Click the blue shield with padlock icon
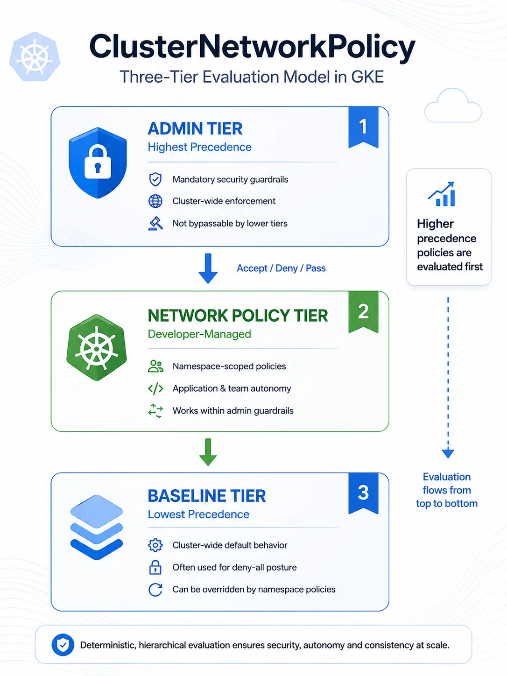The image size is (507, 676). coord(98,162)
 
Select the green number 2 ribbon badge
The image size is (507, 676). coord(363,312)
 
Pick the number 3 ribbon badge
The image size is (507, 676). coord(363,493)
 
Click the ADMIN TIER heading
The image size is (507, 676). coord(195,128)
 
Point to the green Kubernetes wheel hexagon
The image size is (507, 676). coord(97,348)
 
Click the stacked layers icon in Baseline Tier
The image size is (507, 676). coord(97,527)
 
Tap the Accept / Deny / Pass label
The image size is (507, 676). coord(281,268)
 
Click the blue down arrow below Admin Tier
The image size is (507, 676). coord(208,268)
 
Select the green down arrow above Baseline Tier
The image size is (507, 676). coord(208,452)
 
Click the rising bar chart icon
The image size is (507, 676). coord(442,194)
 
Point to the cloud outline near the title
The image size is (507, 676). coord(453,106)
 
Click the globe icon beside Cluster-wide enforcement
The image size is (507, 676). coord(155,201)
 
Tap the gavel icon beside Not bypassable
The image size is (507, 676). coord(155,223)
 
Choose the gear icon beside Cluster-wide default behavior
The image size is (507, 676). coord(155,545)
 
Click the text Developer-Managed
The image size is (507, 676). coord(199,334)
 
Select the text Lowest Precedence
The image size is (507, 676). coord(198,514)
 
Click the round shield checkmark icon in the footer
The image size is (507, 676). coord(63,645)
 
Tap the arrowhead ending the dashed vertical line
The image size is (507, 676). coord(448,454)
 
